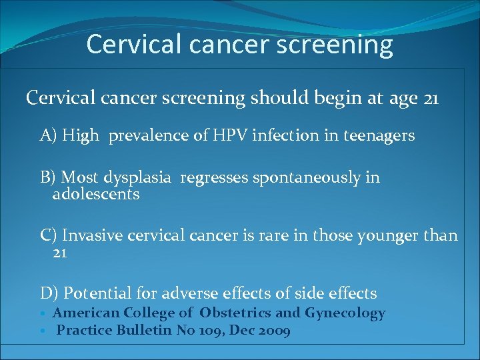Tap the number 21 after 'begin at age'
click(x=431, y=99)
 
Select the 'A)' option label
click(x=49, y=136)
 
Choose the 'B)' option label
click(x=49, y=177)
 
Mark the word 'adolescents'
click(x=96, y=195)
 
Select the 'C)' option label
click(x=49, y=235)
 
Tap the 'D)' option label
click(x=49, y=293)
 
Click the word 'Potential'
click(x=96, y=293)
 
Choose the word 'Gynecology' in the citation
click(x=345, y=313)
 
